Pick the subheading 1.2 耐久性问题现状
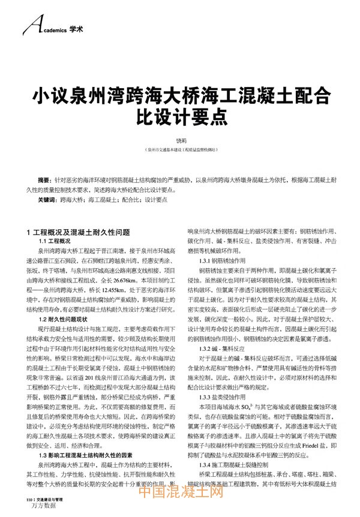pyautogui.click(x=62, y=320)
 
